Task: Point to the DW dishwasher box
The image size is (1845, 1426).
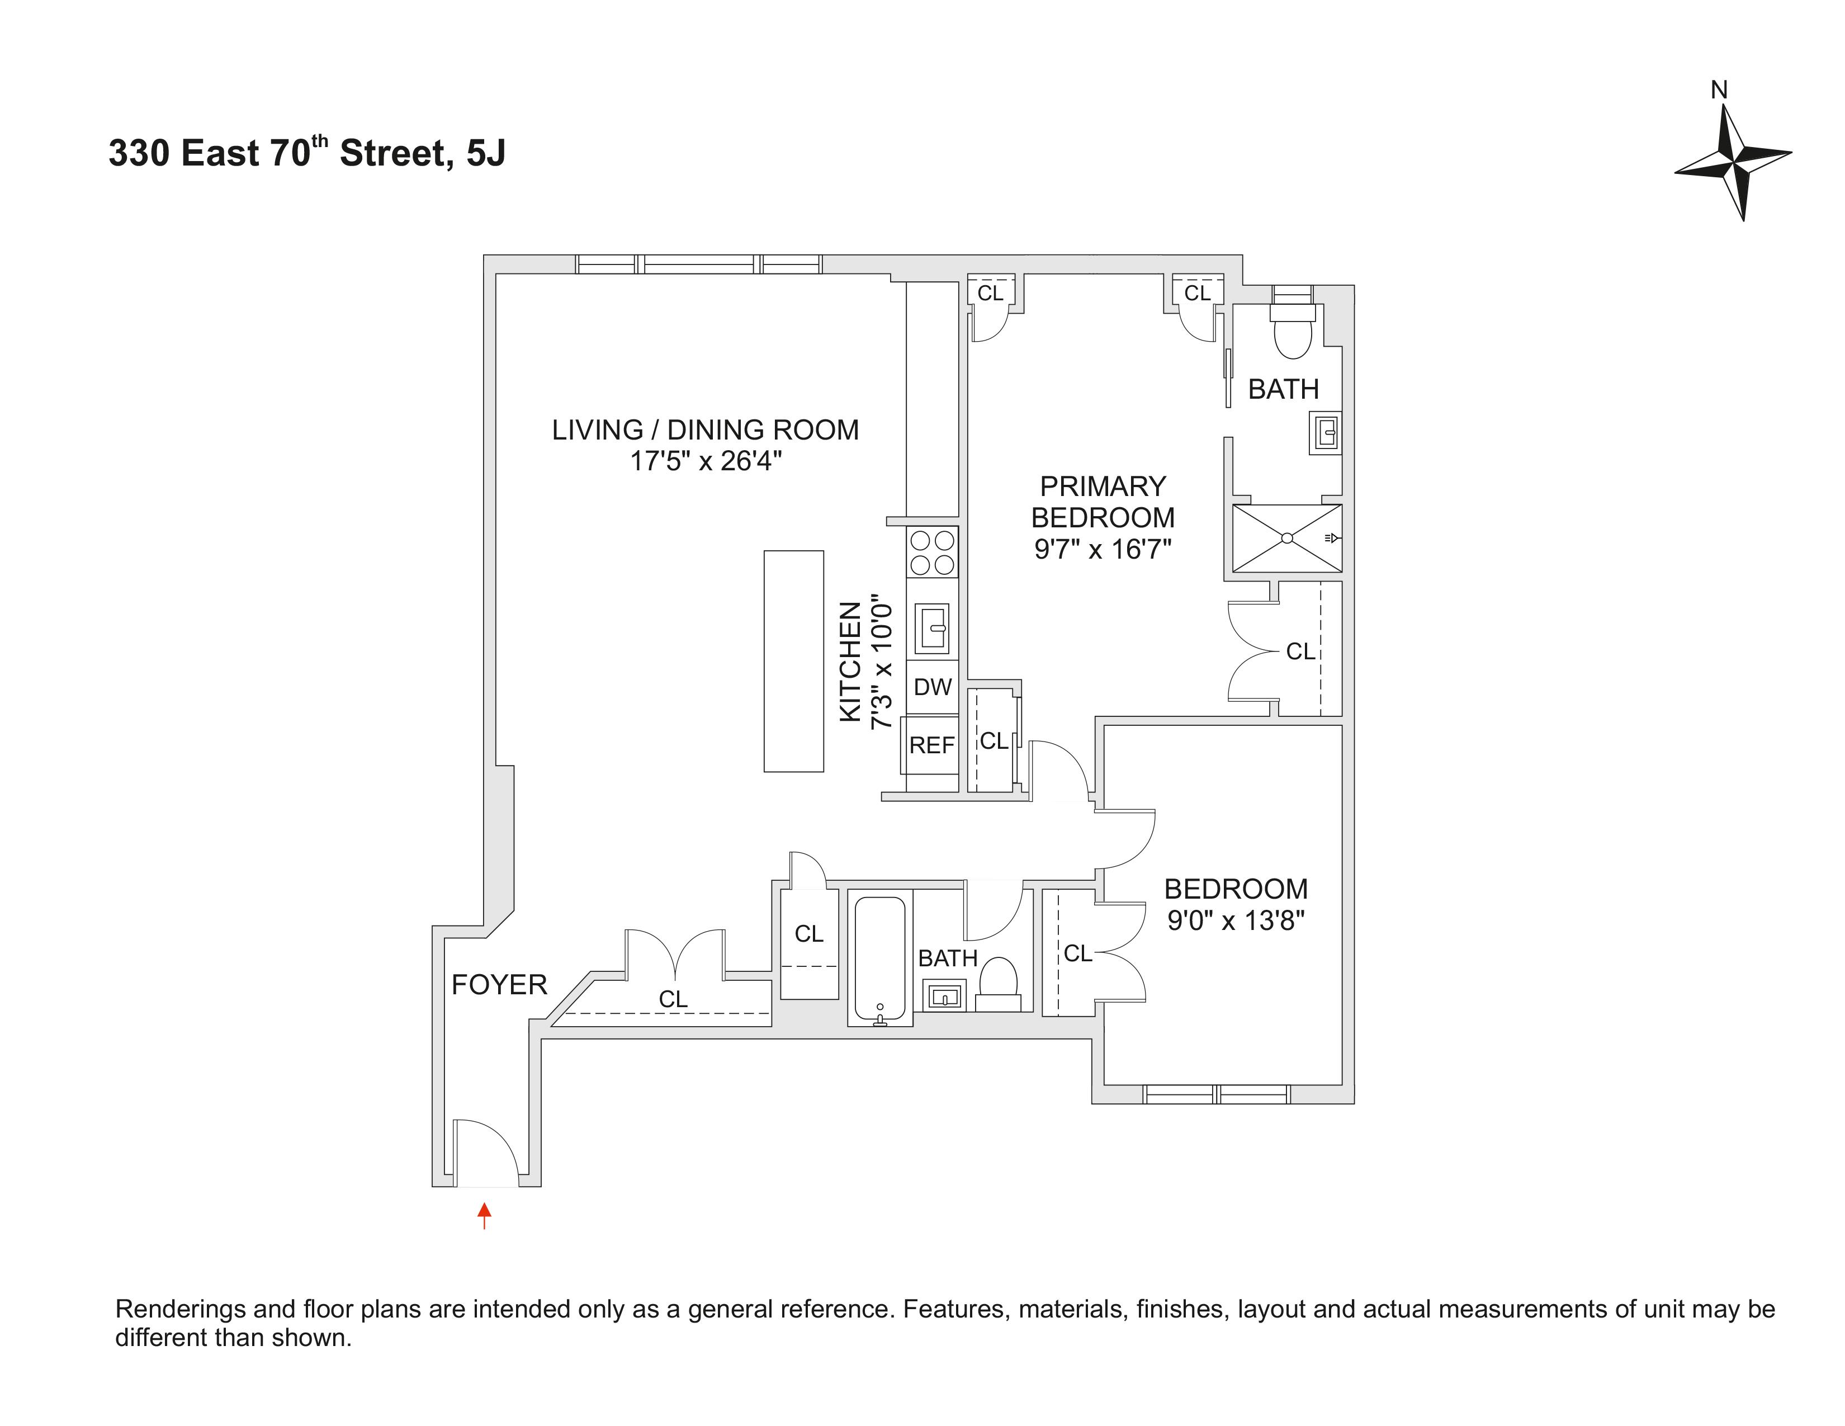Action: pos(933,687)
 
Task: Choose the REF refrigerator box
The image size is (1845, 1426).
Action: pos(931,745)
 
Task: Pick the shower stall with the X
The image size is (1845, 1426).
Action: pos(1286,538)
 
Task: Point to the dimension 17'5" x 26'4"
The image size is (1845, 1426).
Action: pos(706,461)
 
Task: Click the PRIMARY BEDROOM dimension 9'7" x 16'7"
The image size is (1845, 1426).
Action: pos(1103,549)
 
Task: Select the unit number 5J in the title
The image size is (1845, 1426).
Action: pos(486,154)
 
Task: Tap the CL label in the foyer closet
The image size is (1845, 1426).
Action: pos(673,999)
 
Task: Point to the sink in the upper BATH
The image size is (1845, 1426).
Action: pos(1324,433)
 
